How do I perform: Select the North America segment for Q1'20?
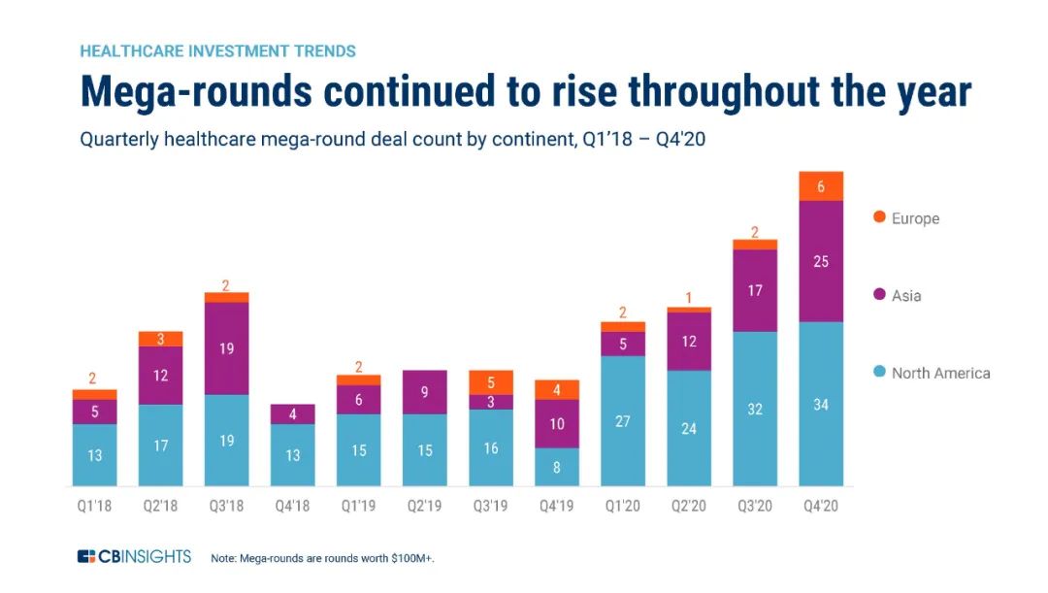tap(623, 421)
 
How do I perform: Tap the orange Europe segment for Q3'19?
tap(491, 382)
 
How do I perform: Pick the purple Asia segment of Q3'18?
tap(227, 348)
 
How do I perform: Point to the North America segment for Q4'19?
tap(557, 467)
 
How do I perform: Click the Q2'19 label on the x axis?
tap(425, 507)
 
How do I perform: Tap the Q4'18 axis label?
tap(293, 507)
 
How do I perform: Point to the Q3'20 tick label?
tap(755, 507)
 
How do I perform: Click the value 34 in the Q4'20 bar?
tap(821, 405)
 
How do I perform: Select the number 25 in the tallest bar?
tap(821, 261)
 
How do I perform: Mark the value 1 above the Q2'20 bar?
tap(689, 298)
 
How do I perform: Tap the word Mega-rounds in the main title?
tap(195, 91)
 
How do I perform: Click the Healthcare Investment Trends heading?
tap(217, 50)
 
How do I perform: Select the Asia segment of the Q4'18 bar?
tap(293, 413)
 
